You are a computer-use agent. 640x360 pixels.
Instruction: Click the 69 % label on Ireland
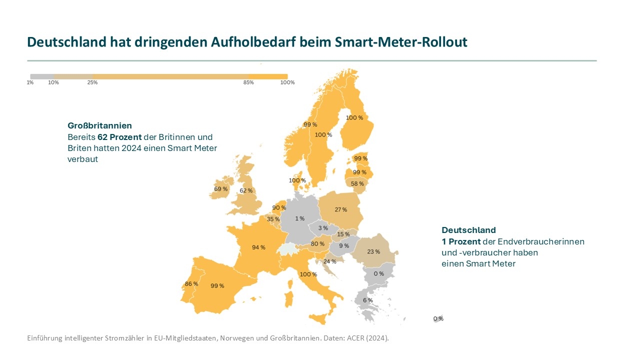tap(221, 189)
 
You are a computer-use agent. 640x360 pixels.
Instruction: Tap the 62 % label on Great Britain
tap(246, 190)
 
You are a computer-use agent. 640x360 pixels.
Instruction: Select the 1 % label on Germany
tap(299, 218)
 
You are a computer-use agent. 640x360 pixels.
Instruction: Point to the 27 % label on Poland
tap(340, 209)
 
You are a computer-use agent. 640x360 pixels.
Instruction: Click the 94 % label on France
tap(258, 247)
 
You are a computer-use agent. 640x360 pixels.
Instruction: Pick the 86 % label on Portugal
tap(191, 284)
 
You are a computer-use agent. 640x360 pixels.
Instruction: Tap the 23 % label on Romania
tap(373, 251)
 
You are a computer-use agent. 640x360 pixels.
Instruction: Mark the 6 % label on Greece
tap(367, 300)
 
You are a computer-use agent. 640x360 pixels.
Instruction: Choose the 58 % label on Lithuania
tap(357, 183)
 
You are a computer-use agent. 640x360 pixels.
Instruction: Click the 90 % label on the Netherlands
tap(279, 207)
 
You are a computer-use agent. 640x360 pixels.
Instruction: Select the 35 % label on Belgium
tap(273, 219)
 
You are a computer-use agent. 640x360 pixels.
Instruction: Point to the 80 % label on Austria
tap(317, 244)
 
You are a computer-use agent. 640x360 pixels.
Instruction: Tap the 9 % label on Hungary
tap(344, 245)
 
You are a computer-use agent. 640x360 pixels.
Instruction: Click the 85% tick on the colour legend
tap(248, 82)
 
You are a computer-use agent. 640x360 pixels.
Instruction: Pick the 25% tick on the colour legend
tap(92, 82)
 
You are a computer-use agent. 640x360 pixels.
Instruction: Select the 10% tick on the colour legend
tap(53, 82)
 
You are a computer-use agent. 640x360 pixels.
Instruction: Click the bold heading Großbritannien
tap(99, 125)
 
